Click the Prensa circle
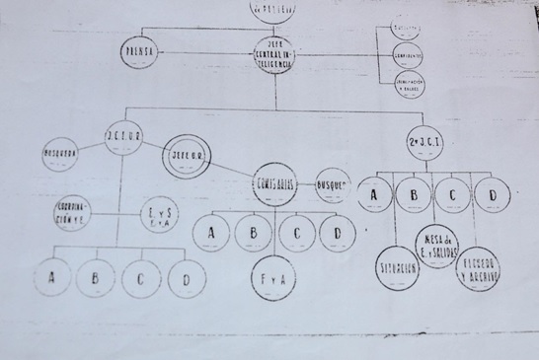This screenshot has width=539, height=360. point(139,52)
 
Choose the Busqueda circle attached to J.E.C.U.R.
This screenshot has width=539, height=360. point(61,154)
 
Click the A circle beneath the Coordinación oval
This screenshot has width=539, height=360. point(51,276)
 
